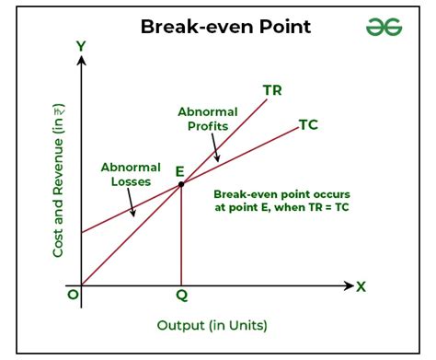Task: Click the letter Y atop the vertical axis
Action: point(81,46)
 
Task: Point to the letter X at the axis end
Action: point(361,286)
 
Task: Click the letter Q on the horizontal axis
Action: point(180,297)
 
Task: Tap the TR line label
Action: point(272,89)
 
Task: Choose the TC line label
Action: point(309,125)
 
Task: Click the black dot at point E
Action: point(180,184)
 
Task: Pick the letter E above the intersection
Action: point(180,170)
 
